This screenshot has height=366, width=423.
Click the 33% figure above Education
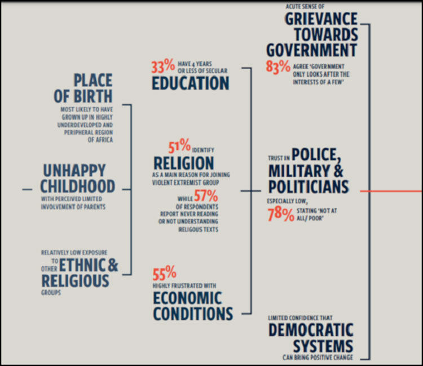tap(163, 67)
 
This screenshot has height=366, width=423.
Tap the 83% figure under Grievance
tap(278, 66)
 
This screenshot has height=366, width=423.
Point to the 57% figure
tap(206, 196)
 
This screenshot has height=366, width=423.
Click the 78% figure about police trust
tap(281, 215)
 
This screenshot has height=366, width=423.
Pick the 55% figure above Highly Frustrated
tap(165, 274)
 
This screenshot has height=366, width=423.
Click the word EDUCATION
tap(190, 83)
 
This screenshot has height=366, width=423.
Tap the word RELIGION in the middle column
tap(184, 164)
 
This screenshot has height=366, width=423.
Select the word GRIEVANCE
tap(321, 18)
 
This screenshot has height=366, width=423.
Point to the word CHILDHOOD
tap(78, 186)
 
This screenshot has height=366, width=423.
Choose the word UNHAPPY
tap(74, 170)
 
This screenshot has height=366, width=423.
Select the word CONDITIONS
tap(192, 314)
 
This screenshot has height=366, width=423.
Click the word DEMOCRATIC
tap(311, 330)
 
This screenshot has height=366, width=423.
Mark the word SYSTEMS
tap(319, 346)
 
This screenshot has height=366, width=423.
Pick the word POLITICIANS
tap(308, 187)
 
